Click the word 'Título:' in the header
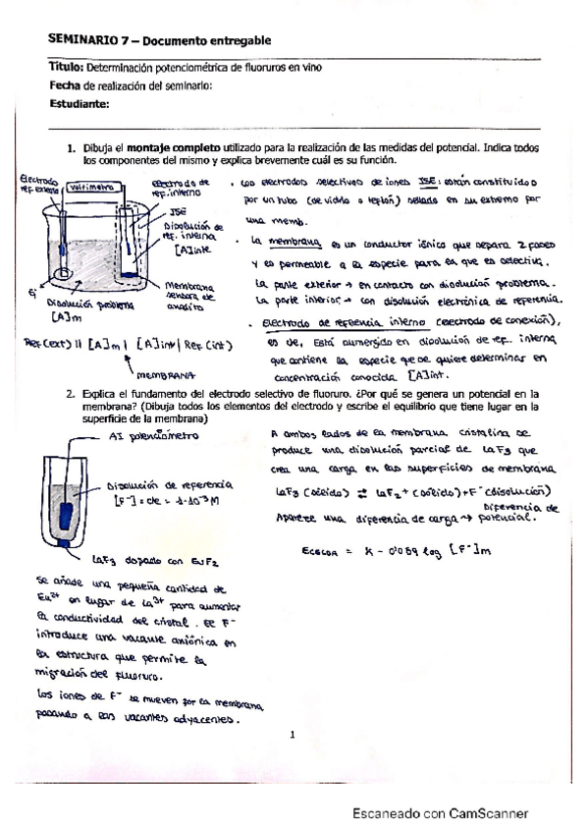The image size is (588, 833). (66, 67)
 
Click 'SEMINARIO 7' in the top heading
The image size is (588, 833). (86, 39)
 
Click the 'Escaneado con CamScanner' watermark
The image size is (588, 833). (441, 812)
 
